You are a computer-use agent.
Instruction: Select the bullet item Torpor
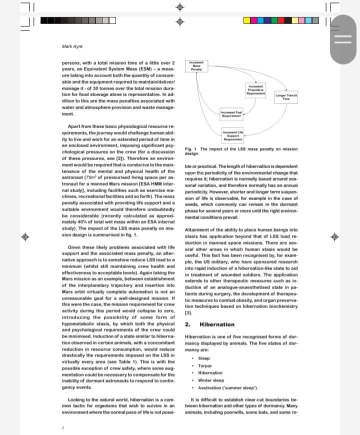pyautogui.click(x=204, y=365)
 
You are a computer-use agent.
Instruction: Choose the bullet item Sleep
pyautogui.click(x=204, y=358)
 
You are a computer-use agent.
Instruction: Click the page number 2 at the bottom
pyautogui.click(x=63, y=427)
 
